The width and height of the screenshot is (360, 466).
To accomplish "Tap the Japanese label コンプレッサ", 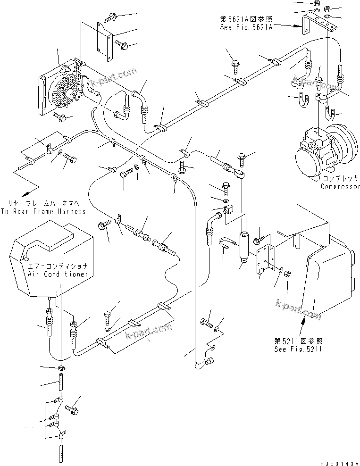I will tap(339, 179).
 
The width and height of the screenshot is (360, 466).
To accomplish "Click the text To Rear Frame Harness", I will tap(43, 211).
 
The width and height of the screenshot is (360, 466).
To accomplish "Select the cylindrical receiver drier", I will tap(243, 242).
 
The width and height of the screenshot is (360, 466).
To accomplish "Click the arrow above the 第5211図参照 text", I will tap(304, 325).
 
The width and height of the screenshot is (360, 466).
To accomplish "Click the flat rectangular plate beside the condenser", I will tap(106, 41).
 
